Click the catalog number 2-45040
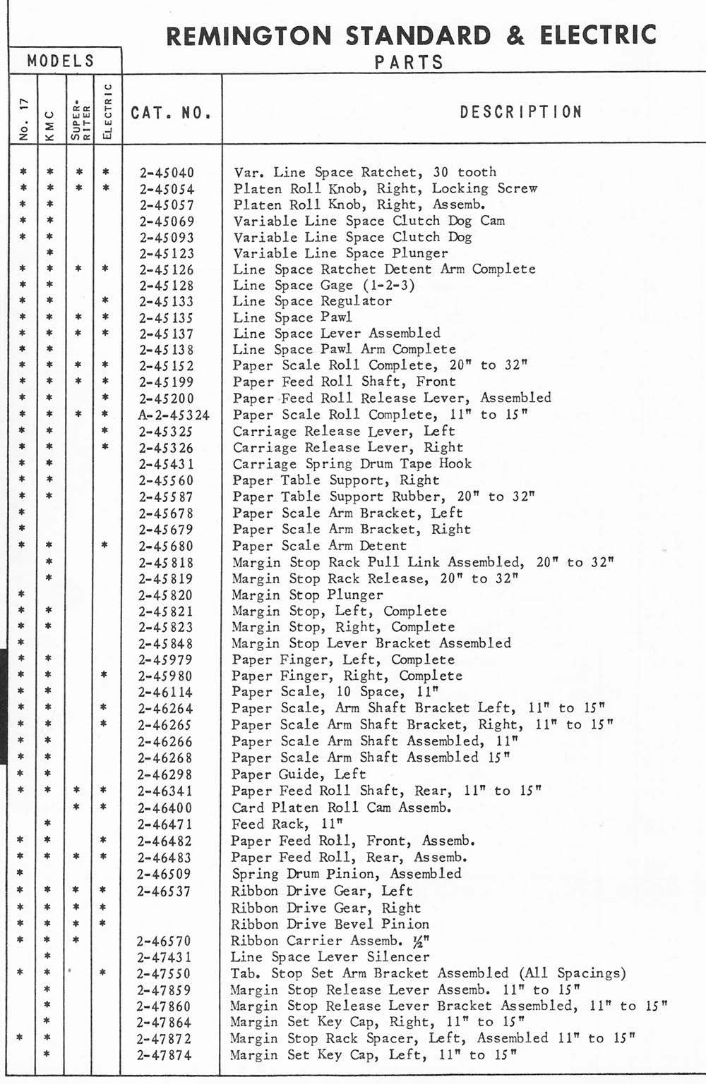167,173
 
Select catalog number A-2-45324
174,415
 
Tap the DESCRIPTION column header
521,112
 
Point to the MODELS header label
61,61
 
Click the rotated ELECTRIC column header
107,111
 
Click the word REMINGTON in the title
249,35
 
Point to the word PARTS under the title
409,62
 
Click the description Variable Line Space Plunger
341,253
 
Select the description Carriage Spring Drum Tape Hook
352,464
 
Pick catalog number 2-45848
166,644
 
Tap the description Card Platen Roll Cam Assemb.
342,808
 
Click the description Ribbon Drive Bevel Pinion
330,924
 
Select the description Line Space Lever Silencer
330,957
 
